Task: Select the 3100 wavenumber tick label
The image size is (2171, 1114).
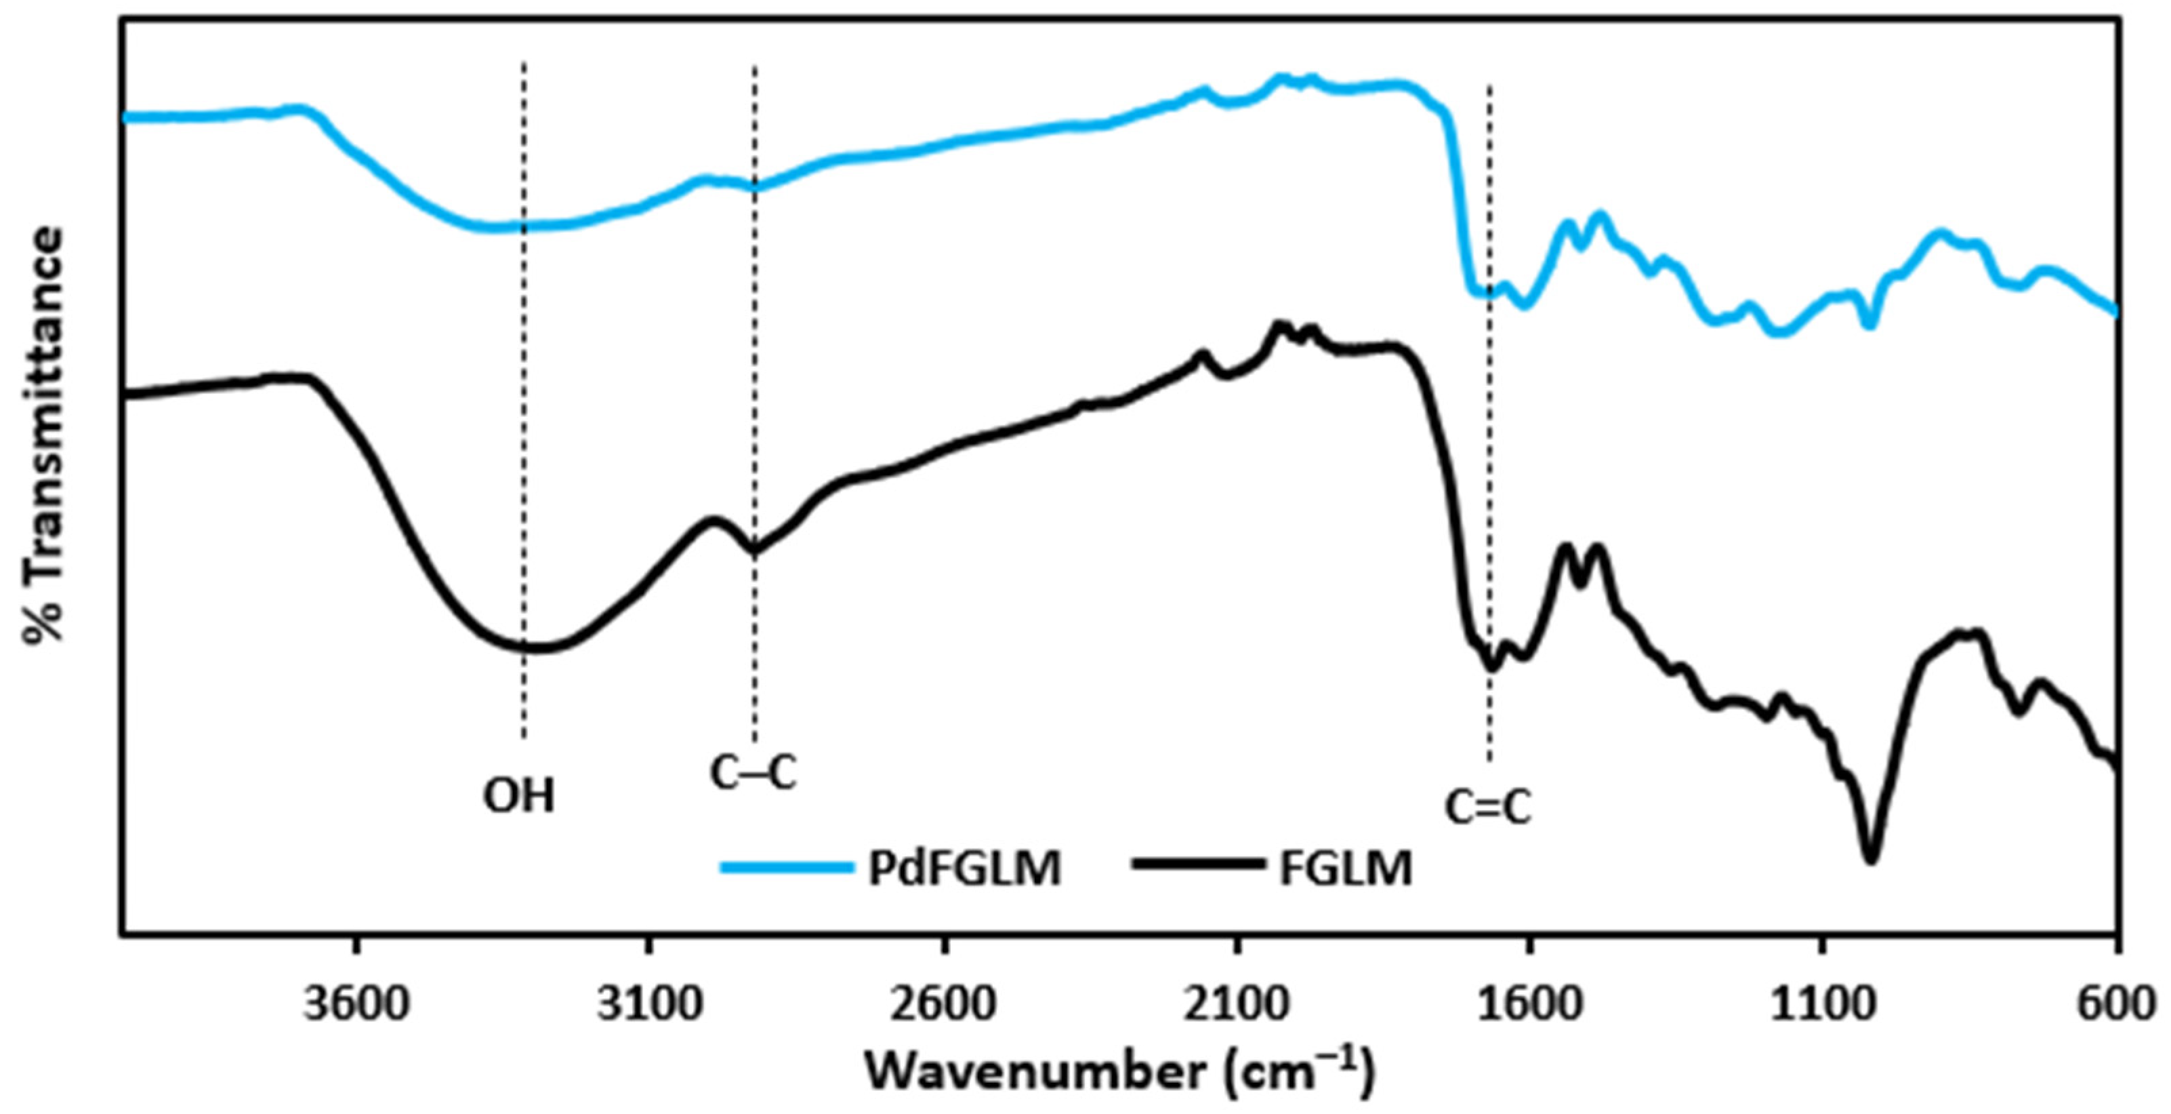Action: pyautogui.click(x=649, y=1007)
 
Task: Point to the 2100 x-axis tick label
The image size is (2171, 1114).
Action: pyautogui.click(x=1237, y=1007)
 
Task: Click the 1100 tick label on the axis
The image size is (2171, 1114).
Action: pyautogui.click(x=1823, y=1007)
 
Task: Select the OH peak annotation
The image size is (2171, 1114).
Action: pyautogui.click(x=519, y=795)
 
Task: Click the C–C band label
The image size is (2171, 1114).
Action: pyautogui.click(x=753, y=772)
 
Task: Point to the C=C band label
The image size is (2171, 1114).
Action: pyautogui.click(x=1489, y=807)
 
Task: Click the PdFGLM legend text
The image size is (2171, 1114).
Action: pyautogui.click(x=964, y=869)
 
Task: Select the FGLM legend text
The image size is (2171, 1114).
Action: pyautogui.click(x=1345, y=869)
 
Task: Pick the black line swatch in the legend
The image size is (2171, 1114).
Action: pyautogui.click(x=1200, y=866)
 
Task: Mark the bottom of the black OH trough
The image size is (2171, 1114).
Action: pyautogui.click(x=531, y=648)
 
